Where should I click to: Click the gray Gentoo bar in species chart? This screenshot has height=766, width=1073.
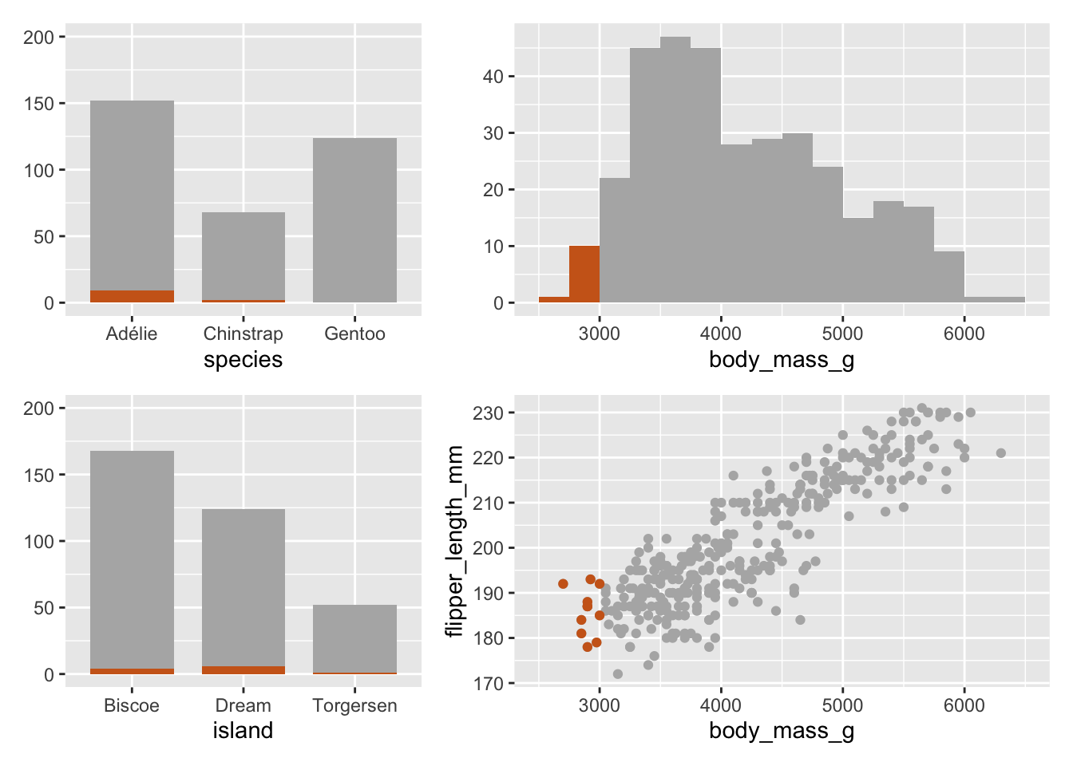click(x=354, y=220)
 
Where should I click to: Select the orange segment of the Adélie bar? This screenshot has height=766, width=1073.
click(x=132, y=296)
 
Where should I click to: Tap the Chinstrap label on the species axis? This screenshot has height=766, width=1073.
click(x=243, y=334)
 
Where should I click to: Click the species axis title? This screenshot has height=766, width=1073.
click(x=243, y=360)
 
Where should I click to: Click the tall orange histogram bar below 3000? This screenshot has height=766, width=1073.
click(x=584, y=274)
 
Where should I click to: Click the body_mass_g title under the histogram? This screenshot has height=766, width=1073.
click(x=781, y=360)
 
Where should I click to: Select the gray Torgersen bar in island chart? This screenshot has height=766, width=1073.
click(x=354, y=638)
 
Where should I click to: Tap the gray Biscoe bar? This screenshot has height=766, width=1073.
click(x=132, y=559)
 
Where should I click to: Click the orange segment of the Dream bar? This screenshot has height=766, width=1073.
click(x=243, y=670)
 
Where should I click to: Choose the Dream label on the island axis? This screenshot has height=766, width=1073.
click(x=243, y=705)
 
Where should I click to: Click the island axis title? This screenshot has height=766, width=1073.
click(x=243, y=731)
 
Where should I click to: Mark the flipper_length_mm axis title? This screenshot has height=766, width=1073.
click(x=454, y=541)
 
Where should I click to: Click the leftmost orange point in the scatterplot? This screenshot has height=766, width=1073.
click(x=563, y=584)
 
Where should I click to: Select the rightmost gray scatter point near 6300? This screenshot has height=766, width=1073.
click(x=1001, y=453)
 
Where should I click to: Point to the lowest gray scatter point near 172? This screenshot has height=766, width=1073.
click(x=617, y=674)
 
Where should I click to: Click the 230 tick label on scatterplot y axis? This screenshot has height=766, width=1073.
click(x=488, y=413)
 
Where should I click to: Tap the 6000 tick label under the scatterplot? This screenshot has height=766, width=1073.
click(x=964, y=705)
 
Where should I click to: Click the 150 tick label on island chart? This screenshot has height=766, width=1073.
click(x=38, y=475)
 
